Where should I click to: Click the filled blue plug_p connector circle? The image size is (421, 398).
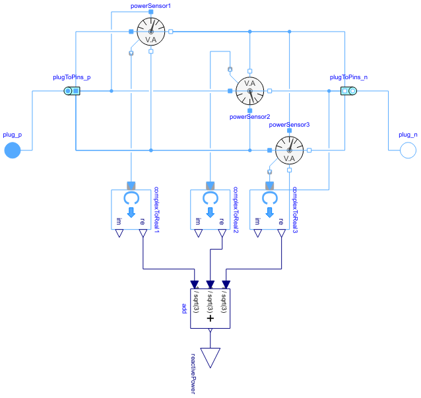pos(13,150)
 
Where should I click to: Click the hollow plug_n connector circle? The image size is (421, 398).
pos(408,150)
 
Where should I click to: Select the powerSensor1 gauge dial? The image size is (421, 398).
pos(150,32)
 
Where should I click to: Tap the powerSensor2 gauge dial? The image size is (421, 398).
pos(249,91)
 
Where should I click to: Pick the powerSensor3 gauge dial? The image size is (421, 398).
pos(289,150)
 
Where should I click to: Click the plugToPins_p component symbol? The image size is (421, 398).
pos(72,91)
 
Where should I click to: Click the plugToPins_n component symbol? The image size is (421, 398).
pos(348,91)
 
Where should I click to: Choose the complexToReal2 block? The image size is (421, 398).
pos(210,209)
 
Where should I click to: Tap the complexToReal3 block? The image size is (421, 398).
pos(269,209)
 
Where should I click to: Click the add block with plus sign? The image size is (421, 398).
pos(210,308)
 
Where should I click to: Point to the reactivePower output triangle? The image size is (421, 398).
pos(210,357)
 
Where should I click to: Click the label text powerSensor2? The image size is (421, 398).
pos(249,117)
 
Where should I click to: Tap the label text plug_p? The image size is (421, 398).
pos(13,135)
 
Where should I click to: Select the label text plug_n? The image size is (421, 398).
pos(408,135)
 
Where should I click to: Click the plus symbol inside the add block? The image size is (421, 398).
pos(210,318)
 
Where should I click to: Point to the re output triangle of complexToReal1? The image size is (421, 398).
pos(143,234)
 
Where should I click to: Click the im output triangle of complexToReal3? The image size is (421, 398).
pos(258,234)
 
